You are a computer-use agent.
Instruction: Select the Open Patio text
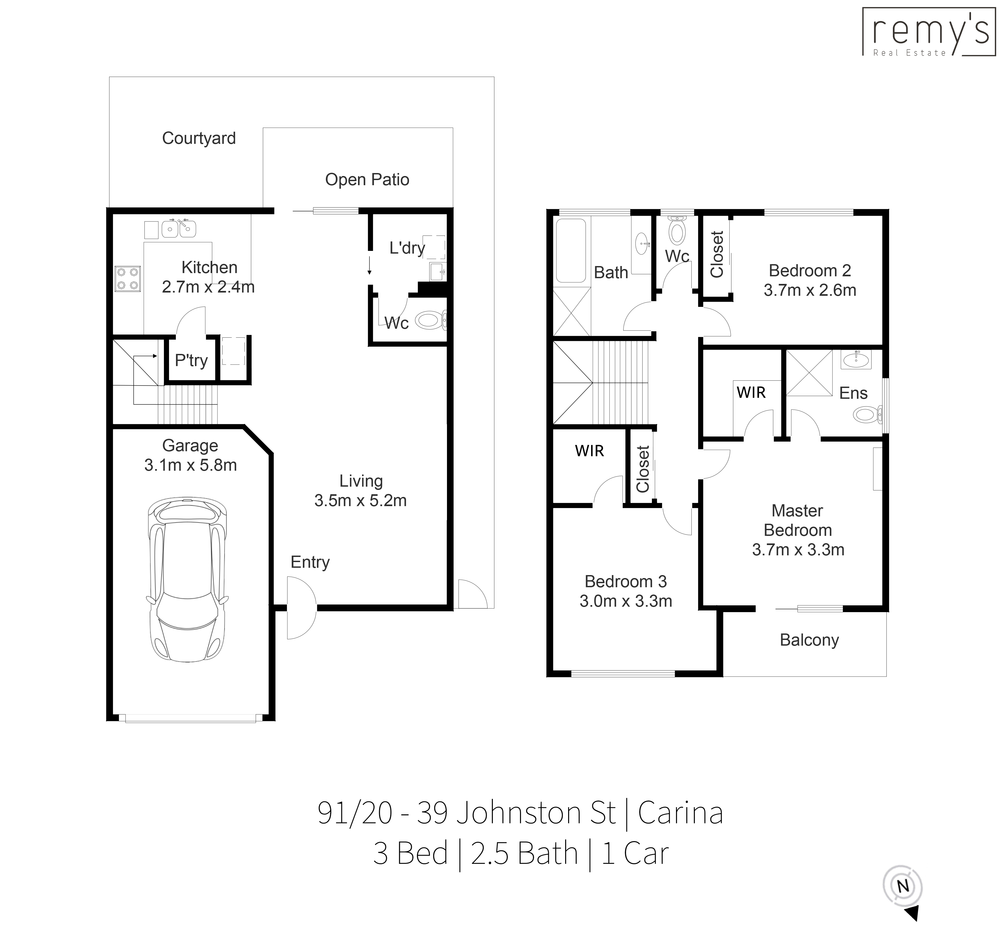click(367, 180)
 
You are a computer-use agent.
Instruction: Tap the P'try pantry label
click(191, 360)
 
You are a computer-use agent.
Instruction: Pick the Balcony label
click(809, 640)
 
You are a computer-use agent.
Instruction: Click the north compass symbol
click(903, 887)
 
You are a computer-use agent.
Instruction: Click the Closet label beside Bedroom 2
click(717, 255)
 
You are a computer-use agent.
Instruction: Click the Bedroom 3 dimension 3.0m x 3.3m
click(625, 601)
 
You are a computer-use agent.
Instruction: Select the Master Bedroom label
click(797, 520)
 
